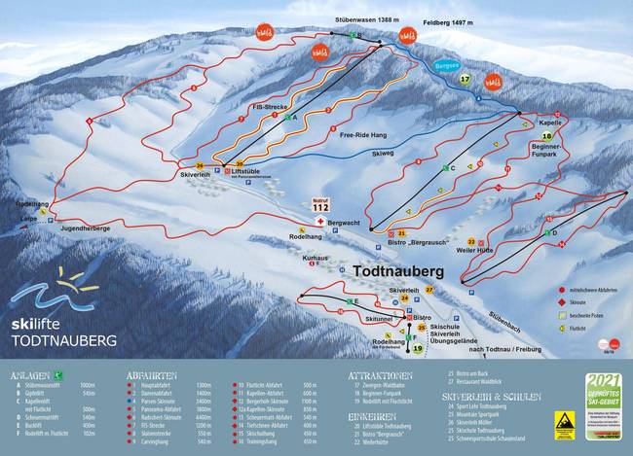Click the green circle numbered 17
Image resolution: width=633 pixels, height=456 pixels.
click(x=465, y=79)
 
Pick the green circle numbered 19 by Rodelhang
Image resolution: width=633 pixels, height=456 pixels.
click(x=418, y=348)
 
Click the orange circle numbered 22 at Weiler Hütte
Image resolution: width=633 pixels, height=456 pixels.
click(x=471, y=241)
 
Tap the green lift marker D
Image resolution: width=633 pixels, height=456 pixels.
click(x=553, y=233)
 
